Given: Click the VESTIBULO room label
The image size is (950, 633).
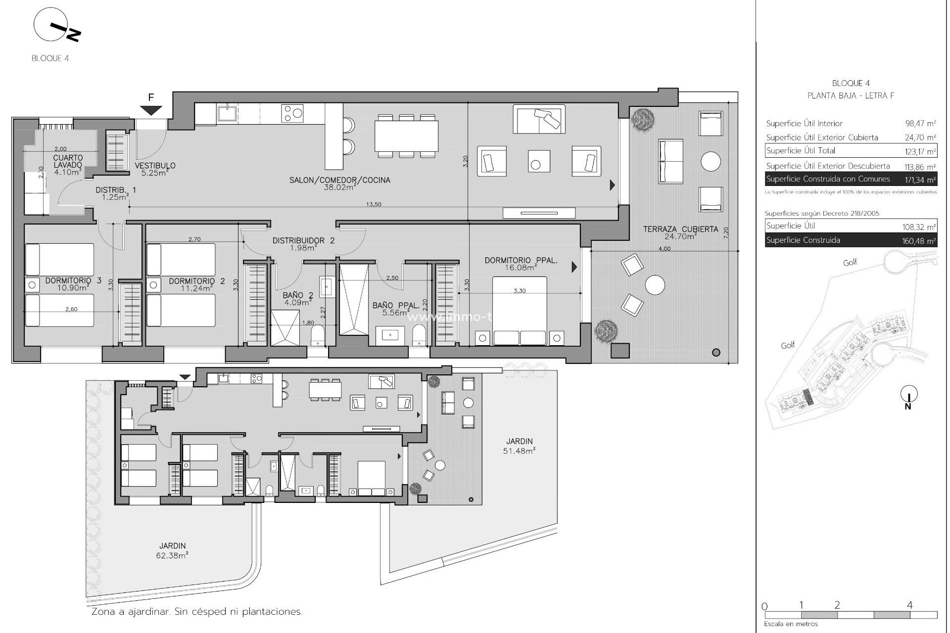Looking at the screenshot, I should (155, 169).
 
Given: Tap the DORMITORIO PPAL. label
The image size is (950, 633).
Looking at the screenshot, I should (521, 264).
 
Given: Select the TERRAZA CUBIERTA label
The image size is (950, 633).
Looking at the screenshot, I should (680, 232).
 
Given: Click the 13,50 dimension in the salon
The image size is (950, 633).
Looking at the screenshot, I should (374, 204).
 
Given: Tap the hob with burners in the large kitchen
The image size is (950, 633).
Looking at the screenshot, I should (292, 113).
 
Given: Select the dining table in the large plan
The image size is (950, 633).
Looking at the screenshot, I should (406, 136).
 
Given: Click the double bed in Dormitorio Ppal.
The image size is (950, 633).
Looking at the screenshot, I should (520, 311).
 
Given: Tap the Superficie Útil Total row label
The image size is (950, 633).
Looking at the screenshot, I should (801, 151).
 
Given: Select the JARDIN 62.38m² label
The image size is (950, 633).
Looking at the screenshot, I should (173, 550).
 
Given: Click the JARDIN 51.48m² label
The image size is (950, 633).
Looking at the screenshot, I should (520, 446).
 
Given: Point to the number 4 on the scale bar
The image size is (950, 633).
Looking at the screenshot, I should (909, 605).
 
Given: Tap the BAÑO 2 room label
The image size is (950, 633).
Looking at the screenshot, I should (298, 299).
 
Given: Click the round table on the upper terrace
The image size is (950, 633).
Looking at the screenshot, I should (711, 161).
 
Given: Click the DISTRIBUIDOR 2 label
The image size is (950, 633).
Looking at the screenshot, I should (303, 244).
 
